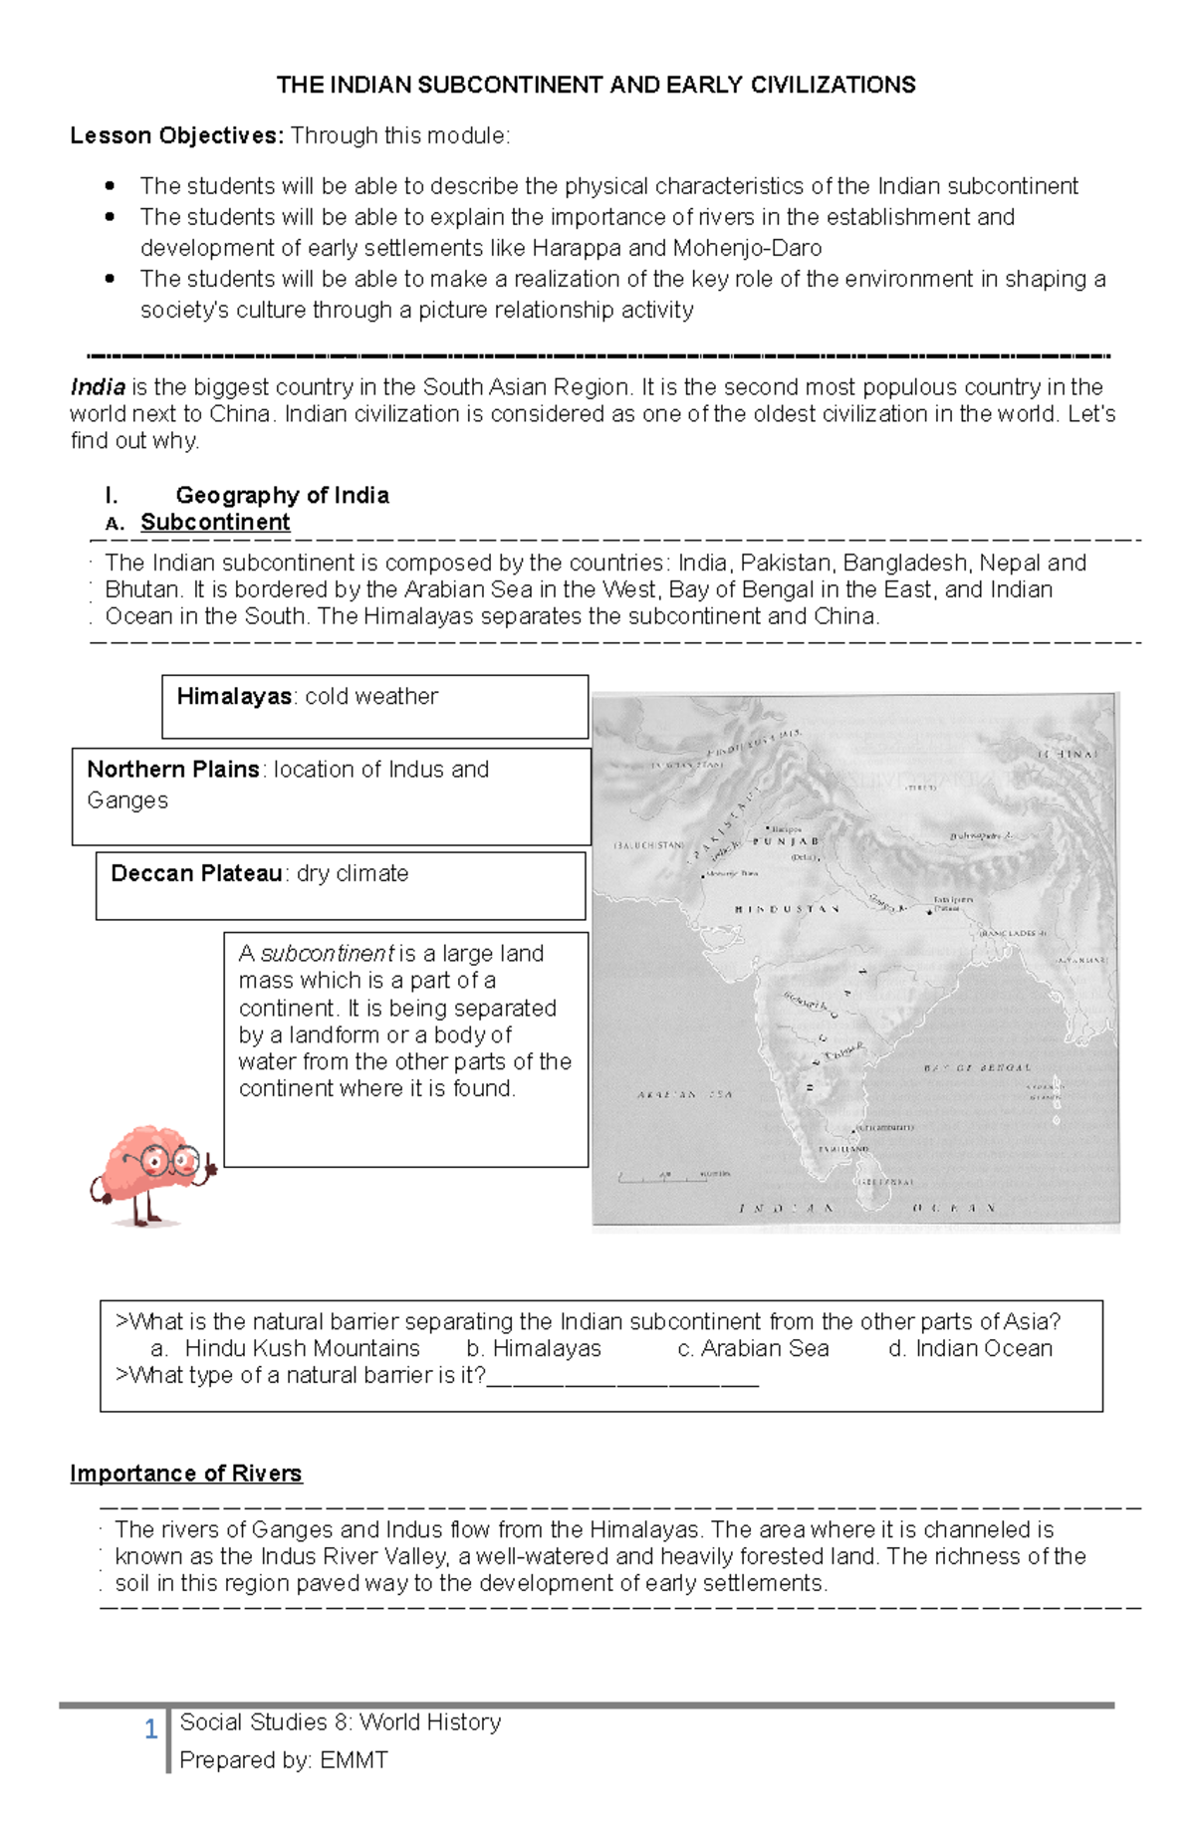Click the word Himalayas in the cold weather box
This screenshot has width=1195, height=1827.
(x=234, y=697)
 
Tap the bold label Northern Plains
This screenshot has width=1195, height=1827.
(x=172, y=770)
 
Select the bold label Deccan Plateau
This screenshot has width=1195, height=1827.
(x=196, y=874)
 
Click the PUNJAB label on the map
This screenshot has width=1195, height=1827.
(x=786, y=842)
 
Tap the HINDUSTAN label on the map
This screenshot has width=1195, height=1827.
(x=787, y=909)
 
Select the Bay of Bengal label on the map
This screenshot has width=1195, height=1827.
(x=977, y=1067)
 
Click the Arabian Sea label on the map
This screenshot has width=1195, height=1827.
(x=684, y=1094)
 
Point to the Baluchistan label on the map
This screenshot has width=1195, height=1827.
(x=649, y=844)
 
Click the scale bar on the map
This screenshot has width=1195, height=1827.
(x=673, y=1177)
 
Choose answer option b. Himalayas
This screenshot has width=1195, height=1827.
(x=534, y=1349)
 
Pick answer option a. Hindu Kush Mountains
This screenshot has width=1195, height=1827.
(x=285, y=1349)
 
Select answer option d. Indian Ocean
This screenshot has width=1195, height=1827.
(x=970, y=1349)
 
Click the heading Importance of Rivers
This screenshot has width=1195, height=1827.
(x=185, y=1474)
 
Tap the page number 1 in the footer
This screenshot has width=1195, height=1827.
(x=150, y=1729)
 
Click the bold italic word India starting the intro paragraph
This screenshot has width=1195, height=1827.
(x=98, y=387)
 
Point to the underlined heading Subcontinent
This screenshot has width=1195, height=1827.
(x=215, y=523)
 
